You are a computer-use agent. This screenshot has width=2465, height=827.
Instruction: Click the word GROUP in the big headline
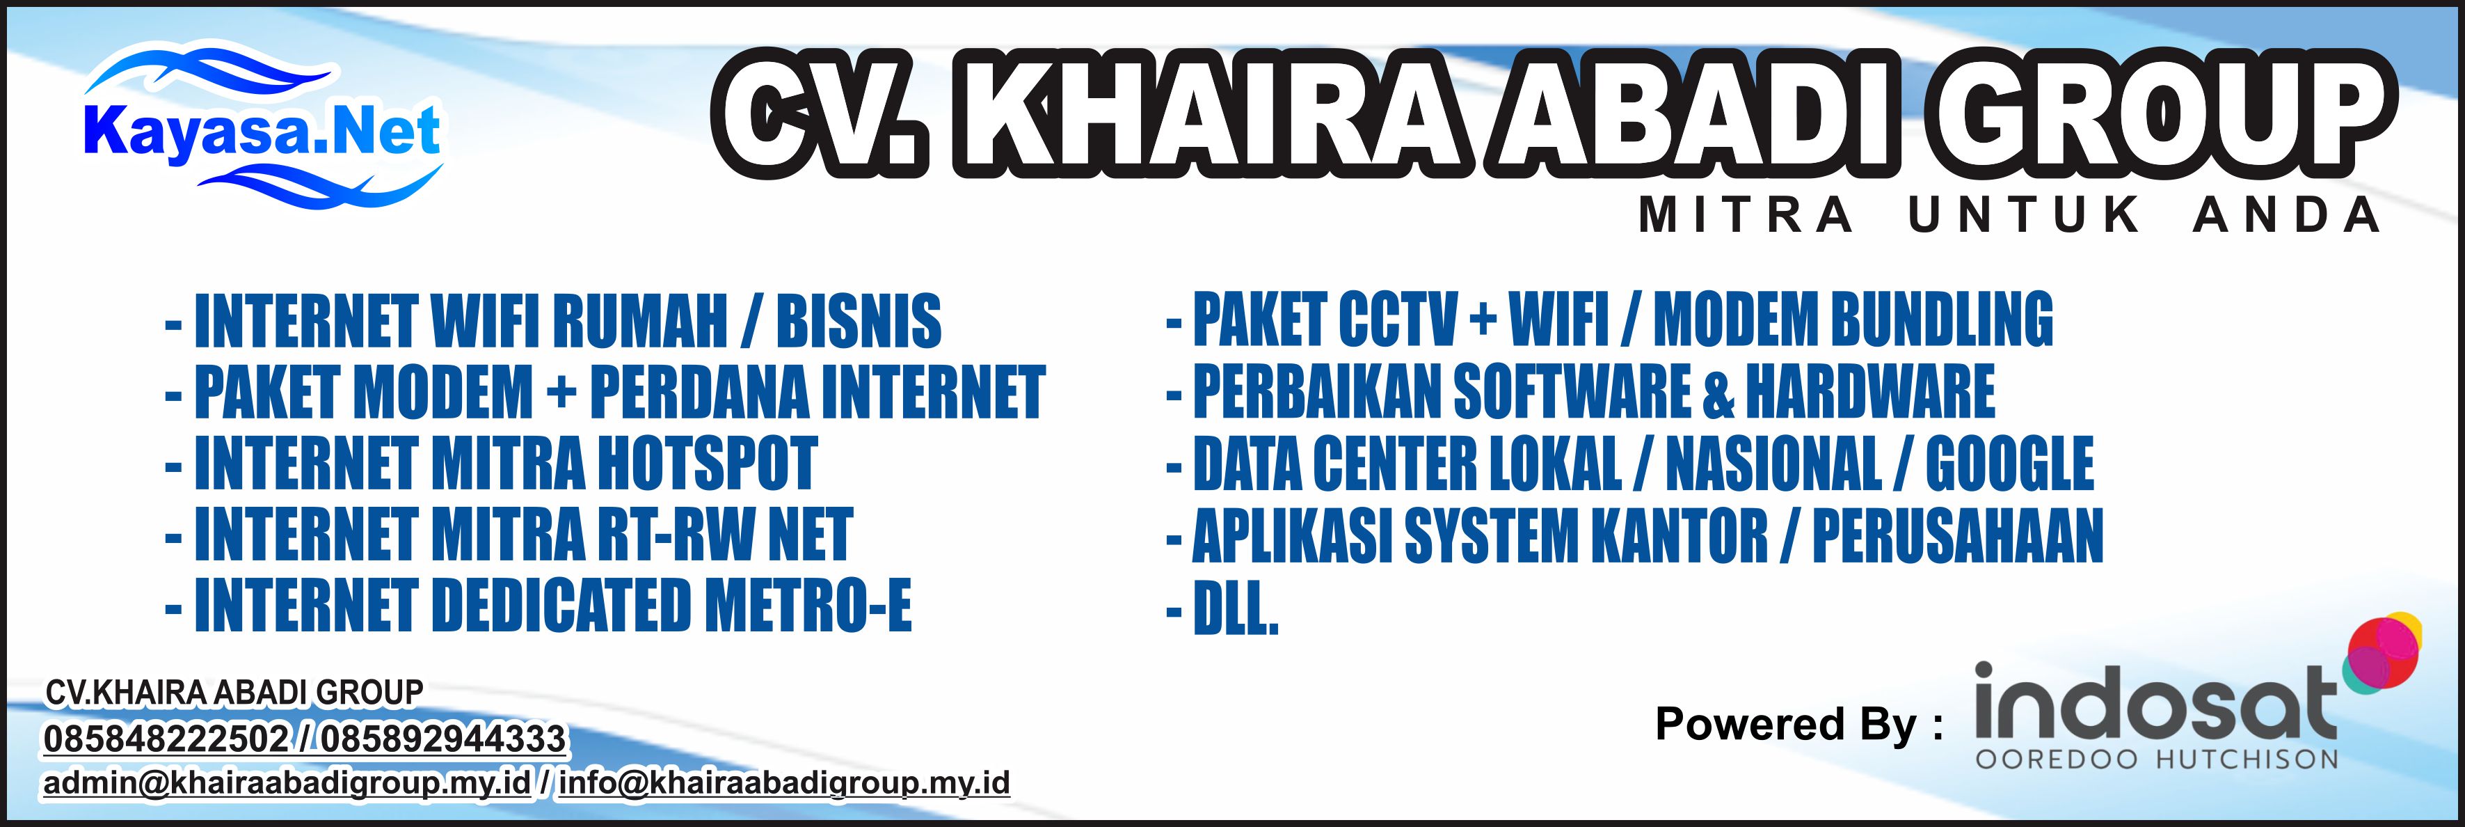[2162, 118]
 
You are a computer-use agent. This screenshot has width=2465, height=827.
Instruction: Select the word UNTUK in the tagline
[2024, 214]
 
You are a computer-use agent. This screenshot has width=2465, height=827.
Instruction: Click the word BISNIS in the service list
[859, 321]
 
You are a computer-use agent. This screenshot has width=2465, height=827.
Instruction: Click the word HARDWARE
[1871, 391]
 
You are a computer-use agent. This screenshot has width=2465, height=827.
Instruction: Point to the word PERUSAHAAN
[1958, 534]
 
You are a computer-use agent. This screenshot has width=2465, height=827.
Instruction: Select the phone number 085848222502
[166, 739]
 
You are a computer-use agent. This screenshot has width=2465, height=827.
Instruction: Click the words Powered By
[1785, 725]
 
